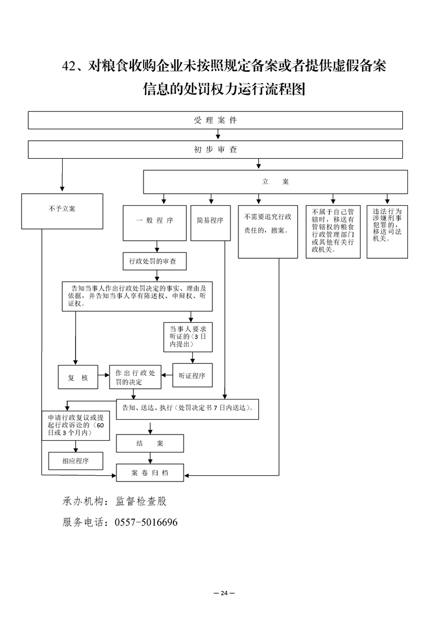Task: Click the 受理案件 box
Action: (215, 120)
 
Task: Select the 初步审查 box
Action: (215, 150)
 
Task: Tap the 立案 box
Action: (275, 182)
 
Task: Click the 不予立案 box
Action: (62, 211)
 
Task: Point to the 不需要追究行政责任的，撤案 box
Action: (268, 231)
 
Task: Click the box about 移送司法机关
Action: (388, 231)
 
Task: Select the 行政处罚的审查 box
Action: (154, 261)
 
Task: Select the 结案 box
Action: (150, 444)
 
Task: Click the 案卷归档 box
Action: (150, 472)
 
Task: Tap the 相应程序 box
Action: (76, 461)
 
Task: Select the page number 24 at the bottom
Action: (224, 593)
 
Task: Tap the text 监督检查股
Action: (141, 501)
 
